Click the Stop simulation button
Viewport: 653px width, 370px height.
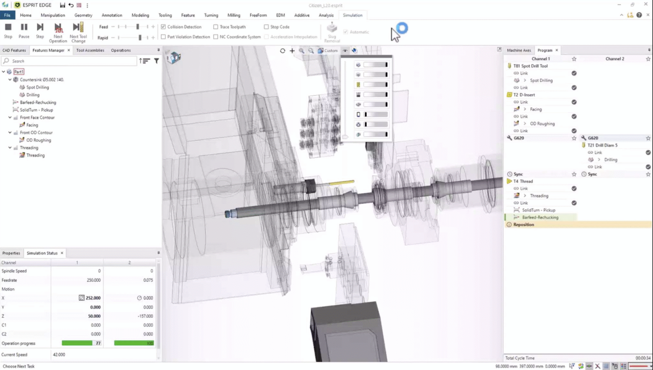point(8,31)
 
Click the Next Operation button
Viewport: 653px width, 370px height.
point(58,32)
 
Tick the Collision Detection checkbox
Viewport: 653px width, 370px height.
point(163,27)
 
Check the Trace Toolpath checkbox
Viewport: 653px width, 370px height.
point(216,27)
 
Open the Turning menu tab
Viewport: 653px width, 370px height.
point(211,15)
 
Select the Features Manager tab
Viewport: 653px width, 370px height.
point(48,50)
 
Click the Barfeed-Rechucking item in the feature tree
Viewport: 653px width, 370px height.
point(38,102)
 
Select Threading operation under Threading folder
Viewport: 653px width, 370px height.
point(35,155)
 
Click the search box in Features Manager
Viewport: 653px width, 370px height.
point(70,61)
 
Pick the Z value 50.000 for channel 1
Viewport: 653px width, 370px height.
point(94,316)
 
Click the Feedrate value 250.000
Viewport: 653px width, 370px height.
point(94,280)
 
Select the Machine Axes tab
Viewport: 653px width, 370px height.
point(519,50)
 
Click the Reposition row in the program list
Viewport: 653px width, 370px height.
point(523,225)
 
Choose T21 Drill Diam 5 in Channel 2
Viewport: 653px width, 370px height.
point(602,145)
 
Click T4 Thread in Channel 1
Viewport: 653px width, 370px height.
point(523,181)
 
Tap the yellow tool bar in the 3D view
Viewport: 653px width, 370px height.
point(342,182)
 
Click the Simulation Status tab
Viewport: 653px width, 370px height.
point(42,253)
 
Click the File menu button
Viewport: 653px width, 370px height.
point(7,15)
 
